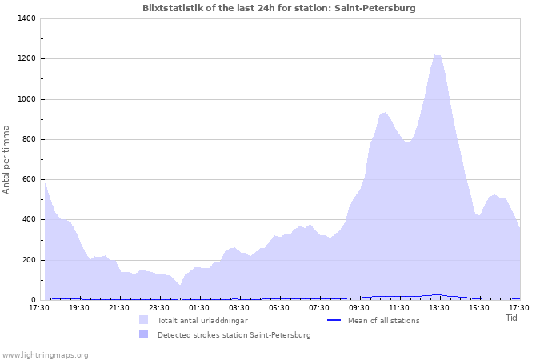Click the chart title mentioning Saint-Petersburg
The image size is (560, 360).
279,8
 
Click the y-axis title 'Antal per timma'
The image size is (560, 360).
7,158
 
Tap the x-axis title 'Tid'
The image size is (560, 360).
511,318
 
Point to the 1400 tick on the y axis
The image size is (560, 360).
26,18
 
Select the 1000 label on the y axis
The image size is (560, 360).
26,99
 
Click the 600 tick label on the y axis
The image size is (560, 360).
29,179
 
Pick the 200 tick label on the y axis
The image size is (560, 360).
29,260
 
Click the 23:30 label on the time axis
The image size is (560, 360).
159,308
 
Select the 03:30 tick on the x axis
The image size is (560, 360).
239,308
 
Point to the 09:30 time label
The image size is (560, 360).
359,308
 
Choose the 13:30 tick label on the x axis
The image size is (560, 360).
439,308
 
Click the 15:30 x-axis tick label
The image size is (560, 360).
479,308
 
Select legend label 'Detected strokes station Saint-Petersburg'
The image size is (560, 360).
234,335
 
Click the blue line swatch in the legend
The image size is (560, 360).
334,320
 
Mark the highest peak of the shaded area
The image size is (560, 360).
437,55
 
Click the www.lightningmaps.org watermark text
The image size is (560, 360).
46,354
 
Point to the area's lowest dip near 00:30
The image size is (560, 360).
180,286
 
